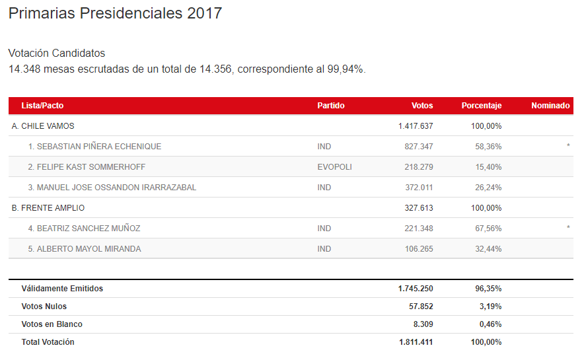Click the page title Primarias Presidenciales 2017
(x=115, y=14)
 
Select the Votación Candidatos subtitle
(x=57, y=54)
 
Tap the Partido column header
(x=331, y=106)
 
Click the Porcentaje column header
(x=482, y=106)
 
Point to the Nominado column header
(x=550, y=106)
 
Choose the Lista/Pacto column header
(x=42, y=106)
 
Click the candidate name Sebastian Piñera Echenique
(x=94, y=147)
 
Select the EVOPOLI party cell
(x=335, y=167)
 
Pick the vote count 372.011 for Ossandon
(x=419, y=188)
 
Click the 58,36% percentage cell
(x=488, y=147)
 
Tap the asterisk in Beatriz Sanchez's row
(x=568, y=229)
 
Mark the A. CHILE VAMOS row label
(x=43, y=126)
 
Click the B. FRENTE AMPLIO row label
(x=48, y=208)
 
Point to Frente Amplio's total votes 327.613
(x=419, y=208)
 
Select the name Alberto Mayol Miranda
(x=89, y=249)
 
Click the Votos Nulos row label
(x=44, y=306)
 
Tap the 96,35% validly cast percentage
(x=488, y=289)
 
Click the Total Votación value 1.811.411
(x=416, y=342)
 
